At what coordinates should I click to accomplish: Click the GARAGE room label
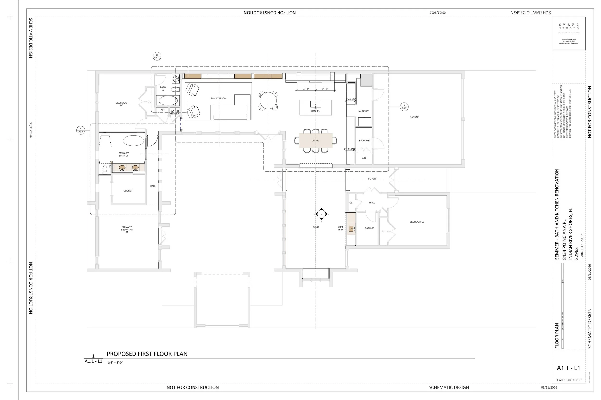coord(414,117)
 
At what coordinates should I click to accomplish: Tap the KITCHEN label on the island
coord(315,111)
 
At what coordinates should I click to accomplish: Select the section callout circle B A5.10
coord(157,56)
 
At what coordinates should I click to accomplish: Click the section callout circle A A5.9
coord(81,130)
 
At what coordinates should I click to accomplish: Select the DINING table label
coord(315,141)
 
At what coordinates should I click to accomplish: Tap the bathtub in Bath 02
coord(168,101)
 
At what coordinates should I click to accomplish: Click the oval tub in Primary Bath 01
coord(133,141)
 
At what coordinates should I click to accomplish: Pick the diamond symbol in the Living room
coord(321,214)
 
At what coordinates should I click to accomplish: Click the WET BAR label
coord(340,228)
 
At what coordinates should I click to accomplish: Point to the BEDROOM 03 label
coord(417,222)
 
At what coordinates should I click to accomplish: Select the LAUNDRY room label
coord(363,111)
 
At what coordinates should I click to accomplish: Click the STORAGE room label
coord(364,141)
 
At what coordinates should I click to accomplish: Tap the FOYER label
coord(372,179)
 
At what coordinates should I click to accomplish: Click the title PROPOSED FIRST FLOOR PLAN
coord(147,354)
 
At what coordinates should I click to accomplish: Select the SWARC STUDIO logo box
coord(569,33)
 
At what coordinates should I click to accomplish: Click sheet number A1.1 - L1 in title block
coord(568,368)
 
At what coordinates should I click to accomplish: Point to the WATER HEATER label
coord(175,112)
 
